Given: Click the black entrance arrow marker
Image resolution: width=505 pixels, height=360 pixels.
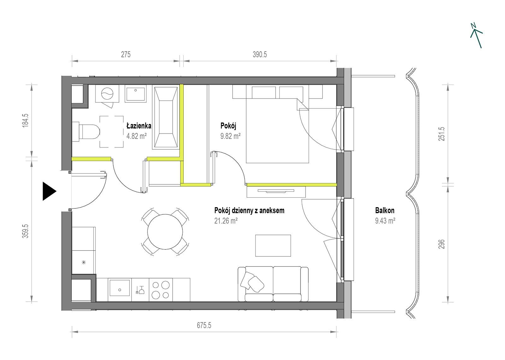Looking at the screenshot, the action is click(x=49, y=191).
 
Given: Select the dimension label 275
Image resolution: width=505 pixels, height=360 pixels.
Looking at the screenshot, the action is click(x=126, y=55).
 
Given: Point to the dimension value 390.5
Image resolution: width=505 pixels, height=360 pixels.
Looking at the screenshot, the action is click(x=260, y=55).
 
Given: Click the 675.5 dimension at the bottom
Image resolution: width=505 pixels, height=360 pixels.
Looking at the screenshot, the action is click(x=204, y=326).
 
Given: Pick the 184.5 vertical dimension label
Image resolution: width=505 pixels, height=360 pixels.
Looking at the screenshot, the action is click(x=26, y=120).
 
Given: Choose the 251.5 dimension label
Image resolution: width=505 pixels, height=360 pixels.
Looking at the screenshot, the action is click(x=442, y=134).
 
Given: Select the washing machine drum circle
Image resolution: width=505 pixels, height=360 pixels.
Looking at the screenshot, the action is click(x=107, y=93).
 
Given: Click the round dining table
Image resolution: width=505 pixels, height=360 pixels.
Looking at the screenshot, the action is click(x=165, y=232).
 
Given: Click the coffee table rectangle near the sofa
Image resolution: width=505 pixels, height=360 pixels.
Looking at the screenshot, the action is click(x=273, y=246).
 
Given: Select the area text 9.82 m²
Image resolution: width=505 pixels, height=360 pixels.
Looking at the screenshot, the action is click(x=230, y=136).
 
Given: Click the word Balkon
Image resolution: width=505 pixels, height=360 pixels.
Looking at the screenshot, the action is click(x=385, y=210).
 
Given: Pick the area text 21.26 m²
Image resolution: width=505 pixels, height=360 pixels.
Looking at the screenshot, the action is click(x=226, y=221).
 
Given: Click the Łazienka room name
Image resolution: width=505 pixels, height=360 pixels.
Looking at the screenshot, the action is click(x=139, y=126).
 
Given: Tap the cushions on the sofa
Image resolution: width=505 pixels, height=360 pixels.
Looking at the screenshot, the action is click(x=252, y=282).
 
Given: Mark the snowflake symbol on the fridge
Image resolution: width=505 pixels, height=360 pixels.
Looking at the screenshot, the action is click(x=84, y=262).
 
